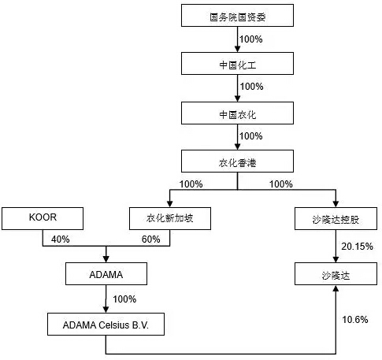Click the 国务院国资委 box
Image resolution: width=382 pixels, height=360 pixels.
click(238, 15)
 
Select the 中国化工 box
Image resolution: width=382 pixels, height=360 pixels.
click(238, 64)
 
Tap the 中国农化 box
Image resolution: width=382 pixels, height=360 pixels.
click(238, 113)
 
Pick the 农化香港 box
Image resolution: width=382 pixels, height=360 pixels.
click(238, 162)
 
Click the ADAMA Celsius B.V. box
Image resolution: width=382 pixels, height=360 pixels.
click(106, 324)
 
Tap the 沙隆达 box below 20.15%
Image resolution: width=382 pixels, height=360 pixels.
click(336, 275)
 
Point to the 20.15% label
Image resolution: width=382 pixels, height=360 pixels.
click(356, 247)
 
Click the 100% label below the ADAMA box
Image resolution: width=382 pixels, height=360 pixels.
click(124, 299)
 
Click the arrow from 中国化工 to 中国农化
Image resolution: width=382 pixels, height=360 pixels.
click(238, 88)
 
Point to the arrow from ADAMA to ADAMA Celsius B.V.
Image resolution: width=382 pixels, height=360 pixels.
click(106, 299)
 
